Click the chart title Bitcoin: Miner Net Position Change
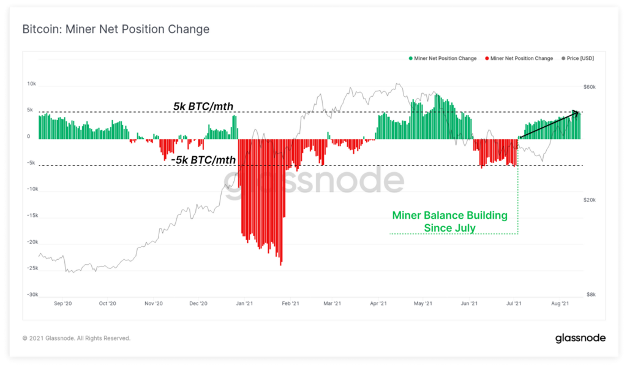coord(116,29)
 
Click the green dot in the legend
coord(410,59)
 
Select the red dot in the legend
coord(487,59)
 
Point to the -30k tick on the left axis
coord(32,295)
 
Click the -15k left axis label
coord(32,216)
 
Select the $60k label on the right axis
coord(589,88)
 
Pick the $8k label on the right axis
coord(590,295)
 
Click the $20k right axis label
coord(589,200)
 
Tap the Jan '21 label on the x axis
coord(245,303)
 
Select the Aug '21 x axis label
coord(560,303)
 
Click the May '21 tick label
coord(424,303)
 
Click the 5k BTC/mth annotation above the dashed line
coord(203,107)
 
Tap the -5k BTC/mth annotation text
coord(203,161)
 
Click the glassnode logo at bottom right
coord(580,338)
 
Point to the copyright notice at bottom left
coord(76,338)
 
